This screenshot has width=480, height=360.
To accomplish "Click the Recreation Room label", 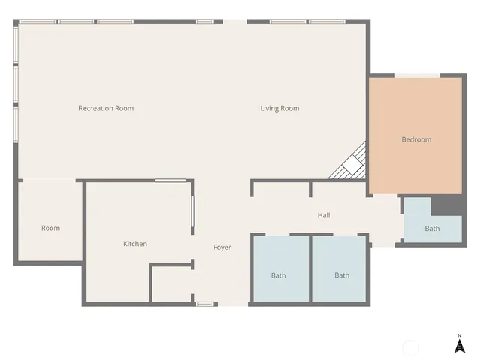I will (106, 108).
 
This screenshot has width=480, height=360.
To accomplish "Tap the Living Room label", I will (280, 108).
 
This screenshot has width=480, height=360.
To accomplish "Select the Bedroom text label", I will (416, 139).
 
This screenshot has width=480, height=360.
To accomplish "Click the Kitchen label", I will (135, 244).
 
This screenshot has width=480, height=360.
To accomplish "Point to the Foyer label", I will (222, 247).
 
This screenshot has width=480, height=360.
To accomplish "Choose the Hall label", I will (324, 216).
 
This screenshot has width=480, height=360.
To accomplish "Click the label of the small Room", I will (50, 228).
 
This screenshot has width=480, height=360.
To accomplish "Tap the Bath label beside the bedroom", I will (432, 229).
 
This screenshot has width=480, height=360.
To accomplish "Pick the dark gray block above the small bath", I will (445, 205).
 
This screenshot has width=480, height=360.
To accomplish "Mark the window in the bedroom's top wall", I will (418, 75).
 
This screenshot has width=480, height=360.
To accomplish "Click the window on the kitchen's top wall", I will (170, 181).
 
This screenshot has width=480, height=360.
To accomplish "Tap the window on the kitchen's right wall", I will (193, 217).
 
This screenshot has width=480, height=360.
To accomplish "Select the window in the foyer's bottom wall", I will (204, 304).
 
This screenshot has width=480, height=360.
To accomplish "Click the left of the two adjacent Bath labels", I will (278, 275).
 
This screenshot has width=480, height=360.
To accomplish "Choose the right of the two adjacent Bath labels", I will (342, 275).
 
